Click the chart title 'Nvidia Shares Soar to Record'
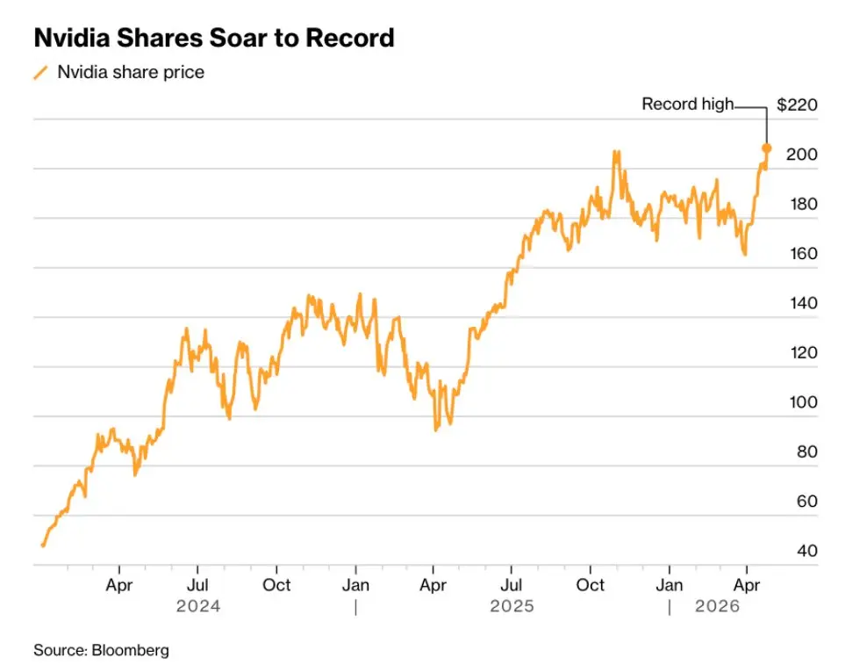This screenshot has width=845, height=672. [213, 39]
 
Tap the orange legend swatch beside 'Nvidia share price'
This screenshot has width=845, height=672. [40, 73]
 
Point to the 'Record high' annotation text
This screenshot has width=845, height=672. [687, 104]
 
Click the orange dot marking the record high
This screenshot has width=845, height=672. [766, 148]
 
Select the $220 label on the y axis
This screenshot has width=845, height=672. [797, 105]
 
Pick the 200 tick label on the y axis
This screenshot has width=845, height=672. [800, 155]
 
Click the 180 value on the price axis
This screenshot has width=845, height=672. [800, 205]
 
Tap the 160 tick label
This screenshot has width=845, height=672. [800, 254]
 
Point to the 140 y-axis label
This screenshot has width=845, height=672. [800, 303]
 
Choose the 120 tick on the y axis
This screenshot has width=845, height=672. [800, 353]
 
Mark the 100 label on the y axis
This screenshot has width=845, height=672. [800, 402]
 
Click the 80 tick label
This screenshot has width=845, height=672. [804, 452]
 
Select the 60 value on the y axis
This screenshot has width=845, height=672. [804, 502]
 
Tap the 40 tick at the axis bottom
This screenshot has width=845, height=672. [804, 551]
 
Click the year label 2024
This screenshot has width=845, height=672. [197, 606]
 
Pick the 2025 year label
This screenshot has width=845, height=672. [512, 606]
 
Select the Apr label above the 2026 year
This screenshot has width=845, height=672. [746, 584]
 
